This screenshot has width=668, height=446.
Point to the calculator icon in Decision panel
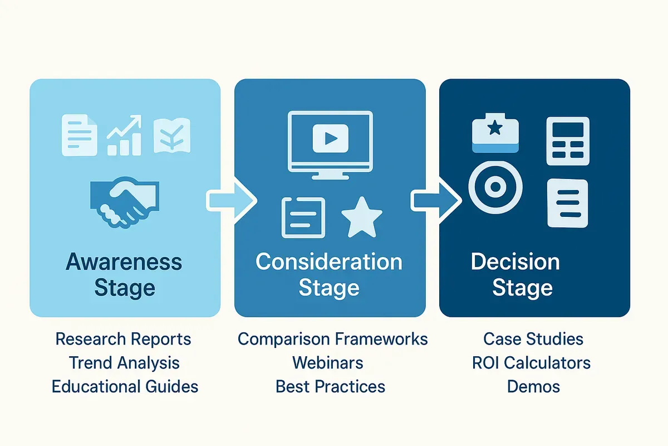(568, 141)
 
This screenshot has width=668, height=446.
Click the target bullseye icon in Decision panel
(495, 187)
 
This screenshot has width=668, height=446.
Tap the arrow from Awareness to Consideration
(230, 199)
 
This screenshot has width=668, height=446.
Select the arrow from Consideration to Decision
(436, 199)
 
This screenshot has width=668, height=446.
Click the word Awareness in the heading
(124, 262)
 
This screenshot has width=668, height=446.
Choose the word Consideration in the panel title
(329, 262)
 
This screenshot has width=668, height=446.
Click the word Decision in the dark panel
(515, 262)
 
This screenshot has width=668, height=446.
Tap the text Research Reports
(124, 339)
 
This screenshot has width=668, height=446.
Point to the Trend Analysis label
(124, 363)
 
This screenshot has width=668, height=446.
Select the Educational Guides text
(125, 386)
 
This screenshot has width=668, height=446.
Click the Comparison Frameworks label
(333, 339)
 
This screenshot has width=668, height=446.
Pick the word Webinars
(328, 363)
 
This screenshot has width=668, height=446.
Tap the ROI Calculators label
(531, 363)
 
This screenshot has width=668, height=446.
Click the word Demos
(533, 386)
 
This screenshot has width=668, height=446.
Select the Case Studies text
(533, 339)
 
